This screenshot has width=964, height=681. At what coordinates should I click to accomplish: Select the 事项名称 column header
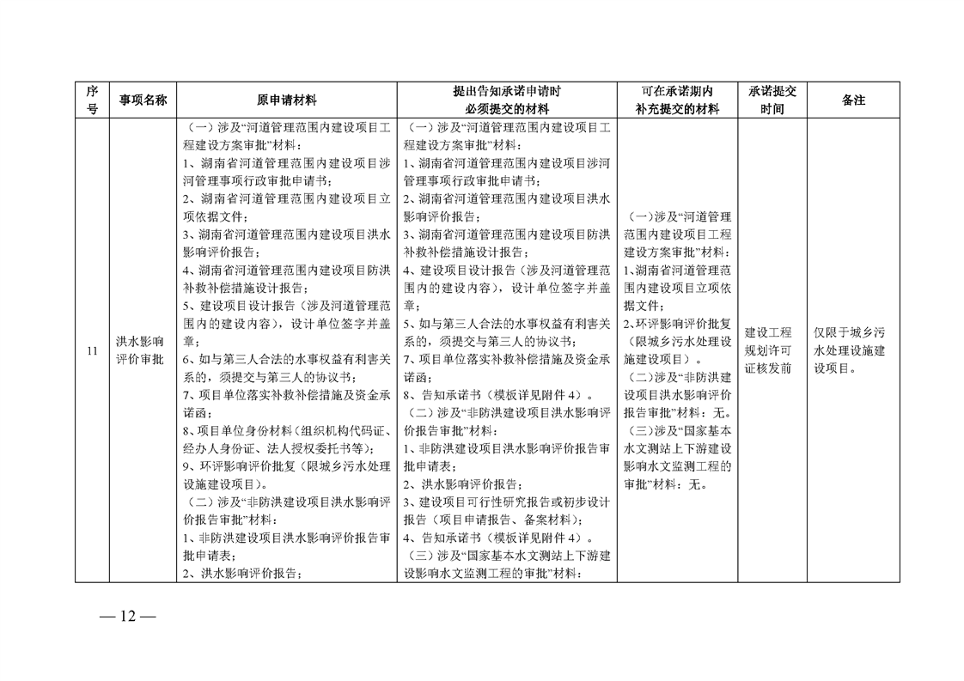pyautogui.click(x=142, y=100)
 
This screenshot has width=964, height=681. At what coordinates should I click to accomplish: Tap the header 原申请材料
pyautogui.click(x=287, y=100)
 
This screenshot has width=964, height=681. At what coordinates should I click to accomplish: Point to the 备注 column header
pyautogui.click(x=853, y=100)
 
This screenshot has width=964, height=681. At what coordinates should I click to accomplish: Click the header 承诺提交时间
pyautogui.click(x=772, y=100)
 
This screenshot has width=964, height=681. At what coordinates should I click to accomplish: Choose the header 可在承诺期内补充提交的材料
pyautogui.click(x=677, y=100)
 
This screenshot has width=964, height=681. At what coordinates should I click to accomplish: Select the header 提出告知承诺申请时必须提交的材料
pyautogui.click(x=507, y=100)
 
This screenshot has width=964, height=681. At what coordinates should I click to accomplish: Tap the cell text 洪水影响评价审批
pyautogui.click(x=142, y=350)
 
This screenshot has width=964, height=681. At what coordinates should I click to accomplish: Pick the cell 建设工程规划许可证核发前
pyautogui.click(x=772, y=350)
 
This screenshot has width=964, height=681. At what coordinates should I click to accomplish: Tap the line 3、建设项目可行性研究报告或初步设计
pyautogui.click(x=507, y=502)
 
